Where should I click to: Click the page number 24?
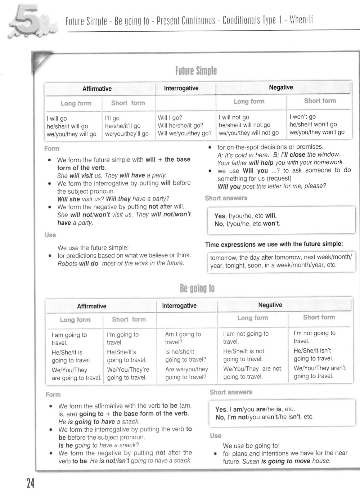coord(30,484)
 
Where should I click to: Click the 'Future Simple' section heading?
coord(196,71)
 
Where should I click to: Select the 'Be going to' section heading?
coord(197,288)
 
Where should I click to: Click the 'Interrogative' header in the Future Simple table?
coord(181,88)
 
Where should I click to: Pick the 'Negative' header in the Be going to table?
coord(270,305)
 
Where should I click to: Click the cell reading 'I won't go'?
coord(302,117)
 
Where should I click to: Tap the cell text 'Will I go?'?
coord(170,117)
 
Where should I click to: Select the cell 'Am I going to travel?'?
coord(183,338)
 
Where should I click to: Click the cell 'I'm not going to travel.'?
coord(314,337)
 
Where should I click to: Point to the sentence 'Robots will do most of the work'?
coord(121,263)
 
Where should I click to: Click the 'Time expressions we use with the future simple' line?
coord(274,244)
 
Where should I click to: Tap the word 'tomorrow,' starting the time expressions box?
coord(223,258)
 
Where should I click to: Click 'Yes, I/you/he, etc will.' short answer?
coord(246,216)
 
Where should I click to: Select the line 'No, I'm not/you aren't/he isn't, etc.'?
coord(264,417)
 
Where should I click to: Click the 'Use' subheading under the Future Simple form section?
coord(50,235)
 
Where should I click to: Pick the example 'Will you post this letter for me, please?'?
coord(272,186)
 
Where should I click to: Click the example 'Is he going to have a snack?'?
coord(99,445)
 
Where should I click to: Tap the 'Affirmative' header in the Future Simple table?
coord(97,89)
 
